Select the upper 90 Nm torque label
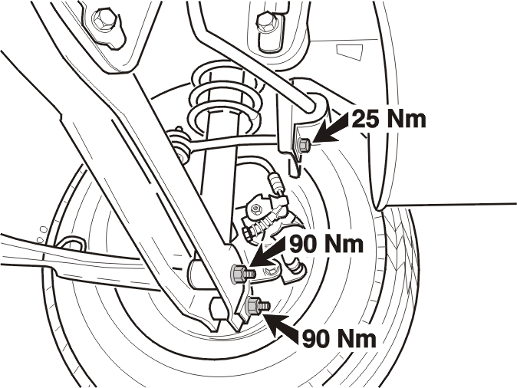coord(327,244)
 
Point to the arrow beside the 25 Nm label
coord(331,128)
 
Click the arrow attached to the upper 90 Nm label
coord(268,252)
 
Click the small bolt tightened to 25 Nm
coord(304,145)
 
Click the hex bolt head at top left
coord(104,21)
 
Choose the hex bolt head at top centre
coord(266,21)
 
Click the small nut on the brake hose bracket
coord(255,209)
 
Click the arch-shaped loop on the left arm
coord(71,244)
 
